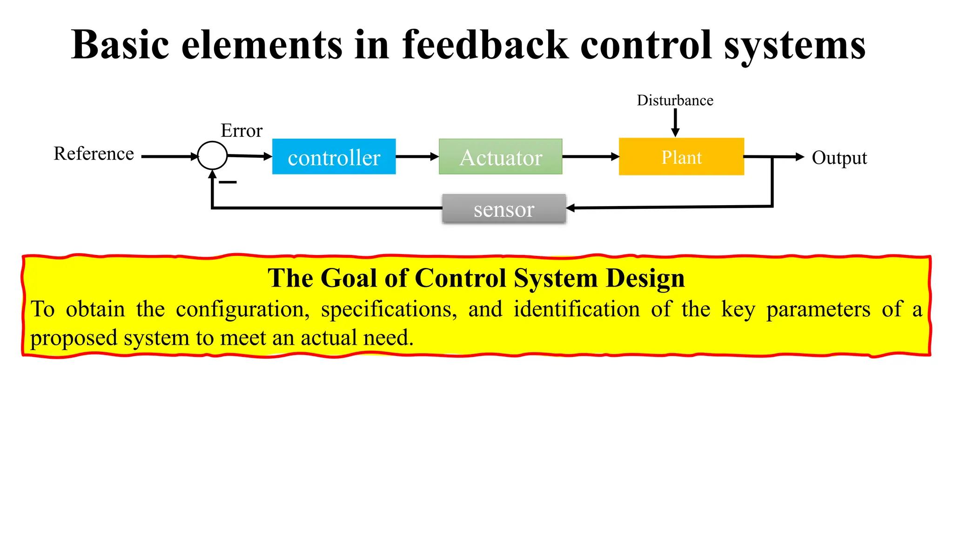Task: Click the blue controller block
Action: point(334,157)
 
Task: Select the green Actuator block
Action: point(500,157)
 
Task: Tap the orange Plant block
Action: point(681,157)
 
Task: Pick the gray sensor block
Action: point(503,209)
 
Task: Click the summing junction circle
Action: point(212,155)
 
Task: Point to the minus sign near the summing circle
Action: point(228,182)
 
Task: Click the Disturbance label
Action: point(675,100)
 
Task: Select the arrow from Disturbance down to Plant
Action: point(675,123)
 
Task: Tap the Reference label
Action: point(94,154)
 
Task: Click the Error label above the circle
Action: point(242,131)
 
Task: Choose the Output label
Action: point(839,158)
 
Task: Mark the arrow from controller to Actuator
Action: point(417,157)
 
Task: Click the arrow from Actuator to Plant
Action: point(590,157)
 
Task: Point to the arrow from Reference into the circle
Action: point(169,157)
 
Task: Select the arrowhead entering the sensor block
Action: point(570,208)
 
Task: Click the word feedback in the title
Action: point(485,45)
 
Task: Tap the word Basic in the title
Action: point(120,45)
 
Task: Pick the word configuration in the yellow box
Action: point(242,309)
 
